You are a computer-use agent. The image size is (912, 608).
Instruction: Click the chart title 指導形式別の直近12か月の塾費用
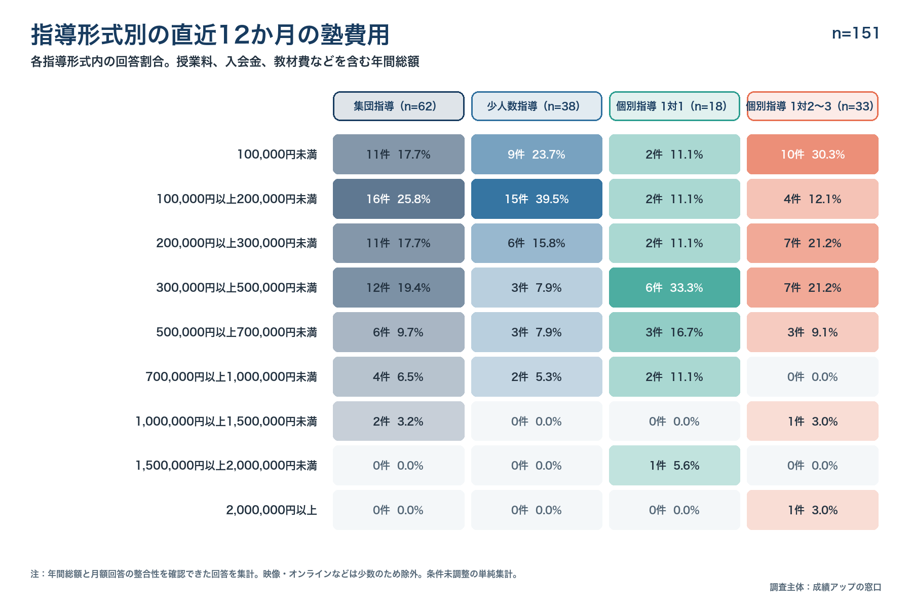pyautogui.click(x=210, y=35)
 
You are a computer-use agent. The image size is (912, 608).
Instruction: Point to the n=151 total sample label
pyautogui.click(x=855, y=33)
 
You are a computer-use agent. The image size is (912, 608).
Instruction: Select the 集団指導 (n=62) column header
pyautogui.click(x=399, y=106)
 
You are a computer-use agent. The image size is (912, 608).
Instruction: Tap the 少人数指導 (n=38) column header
pyautogui.click(x=537, y=106)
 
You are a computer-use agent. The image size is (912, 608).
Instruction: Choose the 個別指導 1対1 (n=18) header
pyautogui.click(x=674, y=106)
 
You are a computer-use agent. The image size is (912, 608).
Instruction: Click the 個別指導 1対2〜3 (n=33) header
pyautogui.click(x=813, y=106)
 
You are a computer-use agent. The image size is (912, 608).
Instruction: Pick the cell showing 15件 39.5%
pyautogui.click(x=537, y=199)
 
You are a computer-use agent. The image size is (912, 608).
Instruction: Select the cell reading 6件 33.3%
pyautogui.click(x=674, y=288)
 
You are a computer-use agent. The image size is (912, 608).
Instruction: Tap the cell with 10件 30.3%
pyautogui.click(x=813, y=155)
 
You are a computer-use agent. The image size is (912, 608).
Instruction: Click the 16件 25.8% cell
pyautogui.click(x=399, y=199)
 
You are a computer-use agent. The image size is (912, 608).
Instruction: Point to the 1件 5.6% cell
pyautogui.click(x=674, y=466)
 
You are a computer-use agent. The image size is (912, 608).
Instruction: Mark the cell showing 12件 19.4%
pyautogui.click(x=399, y=288)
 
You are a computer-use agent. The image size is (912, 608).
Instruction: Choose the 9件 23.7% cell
pyautogui.click(x=537, y=155)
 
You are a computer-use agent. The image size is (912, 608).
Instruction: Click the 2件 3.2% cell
pyautogui.click(x=399, y=421)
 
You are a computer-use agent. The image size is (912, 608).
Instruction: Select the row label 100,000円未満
pyautogui.click(x=277, y=155)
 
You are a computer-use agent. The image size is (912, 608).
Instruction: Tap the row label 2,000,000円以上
pyautogui.click(x=272, y=510)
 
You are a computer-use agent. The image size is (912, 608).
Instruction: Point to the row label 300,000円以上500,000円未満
pyautogui.click(x=237, y=288)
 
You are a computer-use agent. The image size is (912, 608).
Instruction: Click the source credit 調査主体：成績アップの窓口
pyautogui.click(x=825, y=587)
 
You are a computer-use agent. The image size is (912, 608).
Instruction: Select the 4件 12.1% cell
pyautogui.click(x=813, y=199)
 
